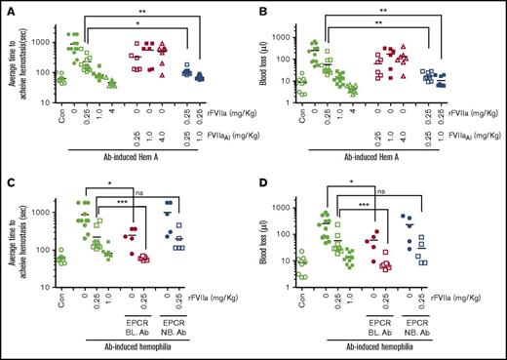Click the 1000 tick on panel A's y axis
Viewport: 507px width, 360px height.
tap(41, 42)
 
